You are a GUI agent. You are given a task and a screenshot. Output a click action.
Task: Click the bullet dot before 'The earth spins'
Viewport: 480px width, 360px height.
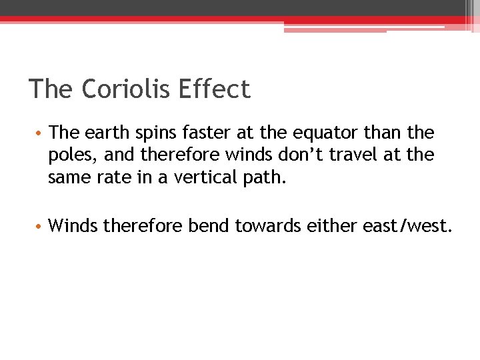point(40,133)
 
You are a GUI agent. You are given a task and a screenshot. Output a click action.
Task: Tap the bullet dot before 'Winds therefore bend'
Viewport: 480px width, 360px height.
point(40,227)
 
